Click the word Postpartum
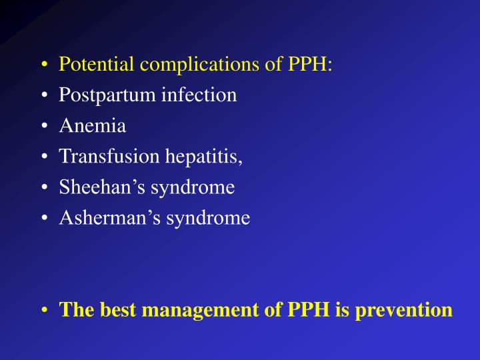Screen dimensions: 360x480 (x=107, y=95)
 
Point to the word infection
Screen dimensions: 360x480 (x=199, y=95)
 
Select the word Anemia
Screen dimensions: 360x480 (x=92, y=126)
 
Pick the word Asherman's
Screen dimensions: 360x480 (x=107, y=218)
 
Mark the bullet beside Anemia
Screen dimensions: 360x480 (x=44, y=127)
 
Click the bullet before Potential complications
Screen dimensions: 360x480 (x=44, y=65)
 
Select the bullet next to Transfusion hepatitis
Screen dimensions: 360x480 (x=44, y=157)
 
